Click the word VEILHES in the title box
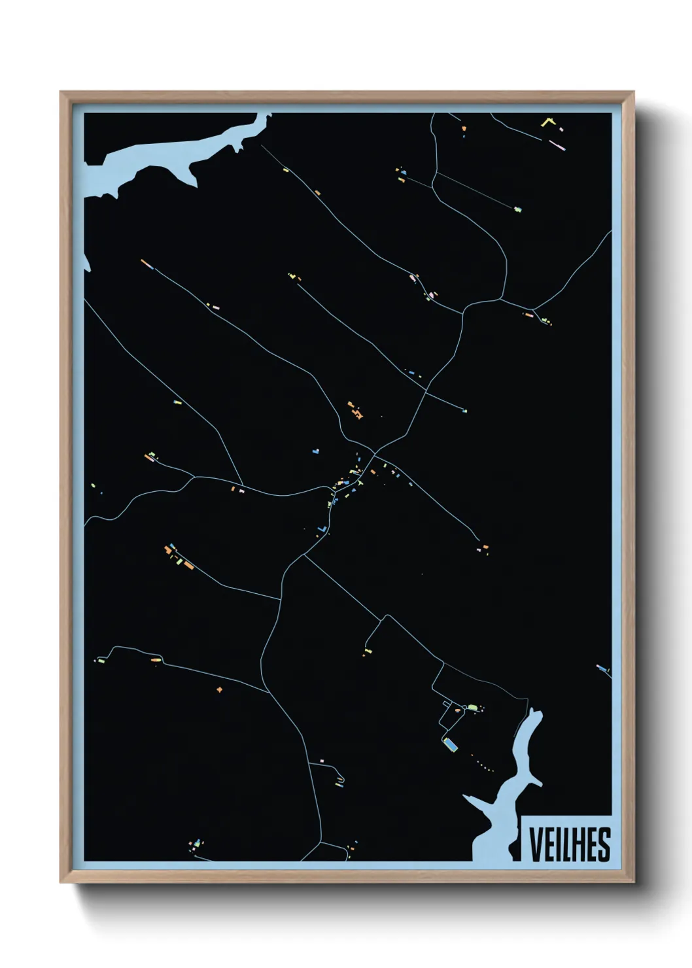pyautogui.click(x=569, y=844)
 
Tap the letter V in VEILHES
pyautogui.click(x=535, y=844)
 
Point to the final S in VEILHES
pyautogui.click(x=604, y=844)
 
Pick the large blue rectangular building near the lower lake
pyautogui.click(x=450, y=743)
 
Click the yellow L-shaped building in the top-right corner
pyautogui.click(x=547, y=122)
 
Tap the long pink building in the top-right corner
pyautogui.click(x=556, y=144)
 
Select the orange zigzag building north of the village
pyautogui.click(x=356, y=411)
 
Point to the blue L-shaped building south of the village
pyautogui.click(x=321, y=528)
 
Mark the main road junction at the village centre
pyautogui.click(x=375, y=452)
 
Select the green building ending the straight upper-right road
pyautogui.click(x=518, y=210)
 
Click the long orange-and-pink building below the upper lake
pyautogui.click(x=147, y=264)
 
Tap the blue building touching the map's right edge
pyautogui.click(x=602, y=668)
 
